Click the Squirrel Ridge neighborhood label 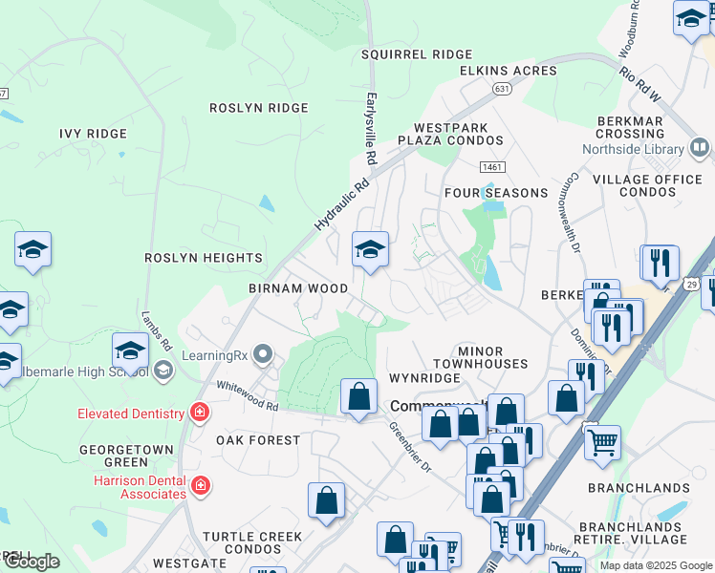tap(417, 54)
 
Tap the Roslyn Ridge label tap(259, 108)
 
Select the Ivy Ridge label tap(93, 134)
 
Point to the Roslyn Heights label tap(204, 258)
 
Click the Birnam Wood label tap(298, 287)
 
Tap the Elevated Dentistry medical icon tap(200, 413)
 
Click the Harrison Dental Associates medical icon tap(200, 485)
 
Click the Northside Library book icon tap(699, 148)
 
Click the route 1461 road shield tap(492, 167)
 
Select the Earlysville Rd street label tap(370, 129)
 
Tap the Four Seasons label tap(496, 193)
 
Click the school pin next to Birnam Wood tap(370, 251)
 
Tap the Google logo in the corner tap(32, 561)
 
